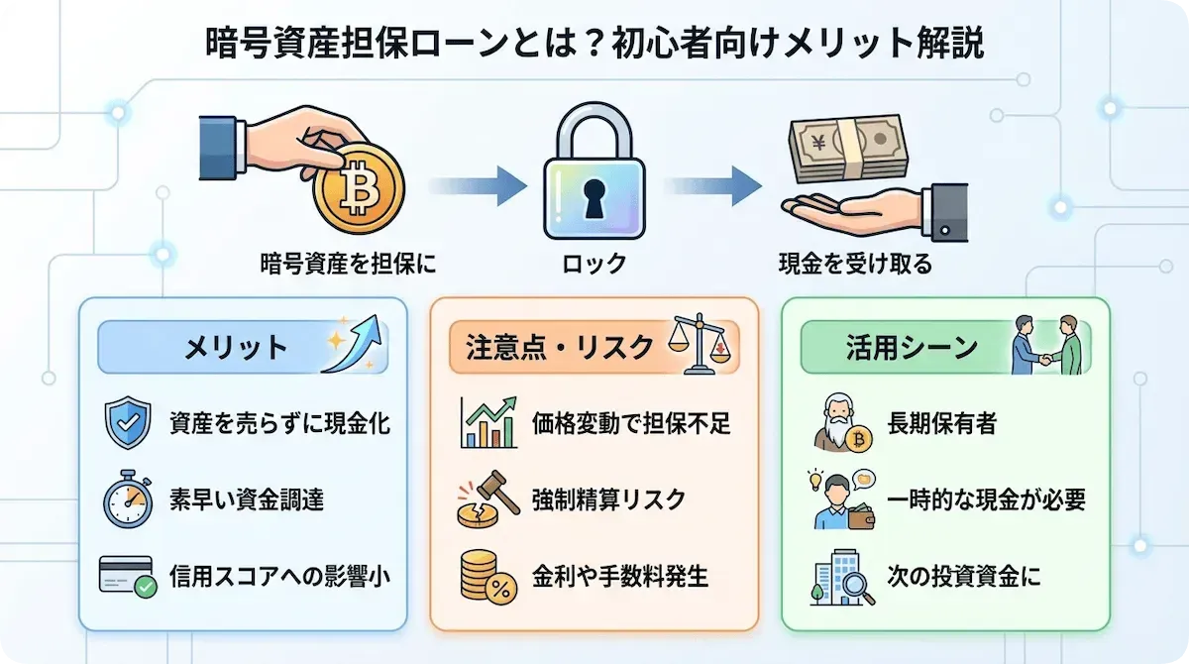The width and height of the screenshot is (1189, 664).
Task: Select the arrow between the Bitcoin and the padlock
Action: pyautogui.click(x=478, y=184)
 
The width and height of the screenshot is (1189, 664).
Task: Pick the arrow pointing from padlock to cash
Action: pyautogui.click(x=710, y=184)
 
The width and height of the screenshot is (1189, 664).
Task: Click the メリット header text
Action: pyautogui.click(x=236, y=347)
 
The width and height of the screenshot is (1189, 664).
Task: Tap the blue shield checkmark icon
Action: pyautogui.click(x=127, y=424)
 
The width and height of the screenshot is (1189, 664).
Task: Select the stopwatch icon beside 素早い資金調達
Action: pyautogui.click(x=127, y=500)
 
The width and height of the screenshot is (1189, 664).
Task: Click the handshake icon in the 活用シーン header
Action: pyautogui.click(x=1045, y=345)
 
